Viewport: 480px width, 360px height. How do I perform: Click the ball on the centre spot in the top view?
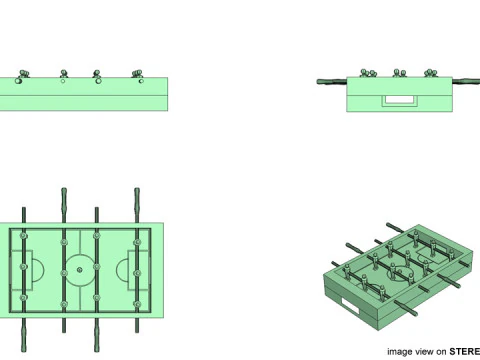[x=80, y=269]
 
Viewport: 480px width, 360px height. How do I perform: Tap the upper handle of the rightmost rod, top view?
[x=137, y=198]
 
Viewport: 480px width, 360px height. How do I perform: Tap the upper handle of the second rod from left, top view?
[x=63, y=198]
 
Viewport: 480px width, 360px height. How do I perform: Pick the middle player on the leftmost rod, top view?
[x=24, y=269]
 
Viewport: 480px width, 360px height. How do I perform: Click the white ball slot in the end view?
[x=402, y=99]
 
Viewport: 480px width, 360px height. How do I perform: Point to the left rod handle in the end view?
[x=329, y=81]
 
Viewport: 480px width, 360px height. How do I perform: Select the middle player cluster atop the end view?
[x=399, y=72]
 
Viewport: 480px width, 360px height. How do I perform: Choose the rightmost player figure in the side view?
[x=136, y=73]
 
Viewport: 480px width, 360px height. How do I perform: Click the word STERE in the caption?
[x=464, y=351]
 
